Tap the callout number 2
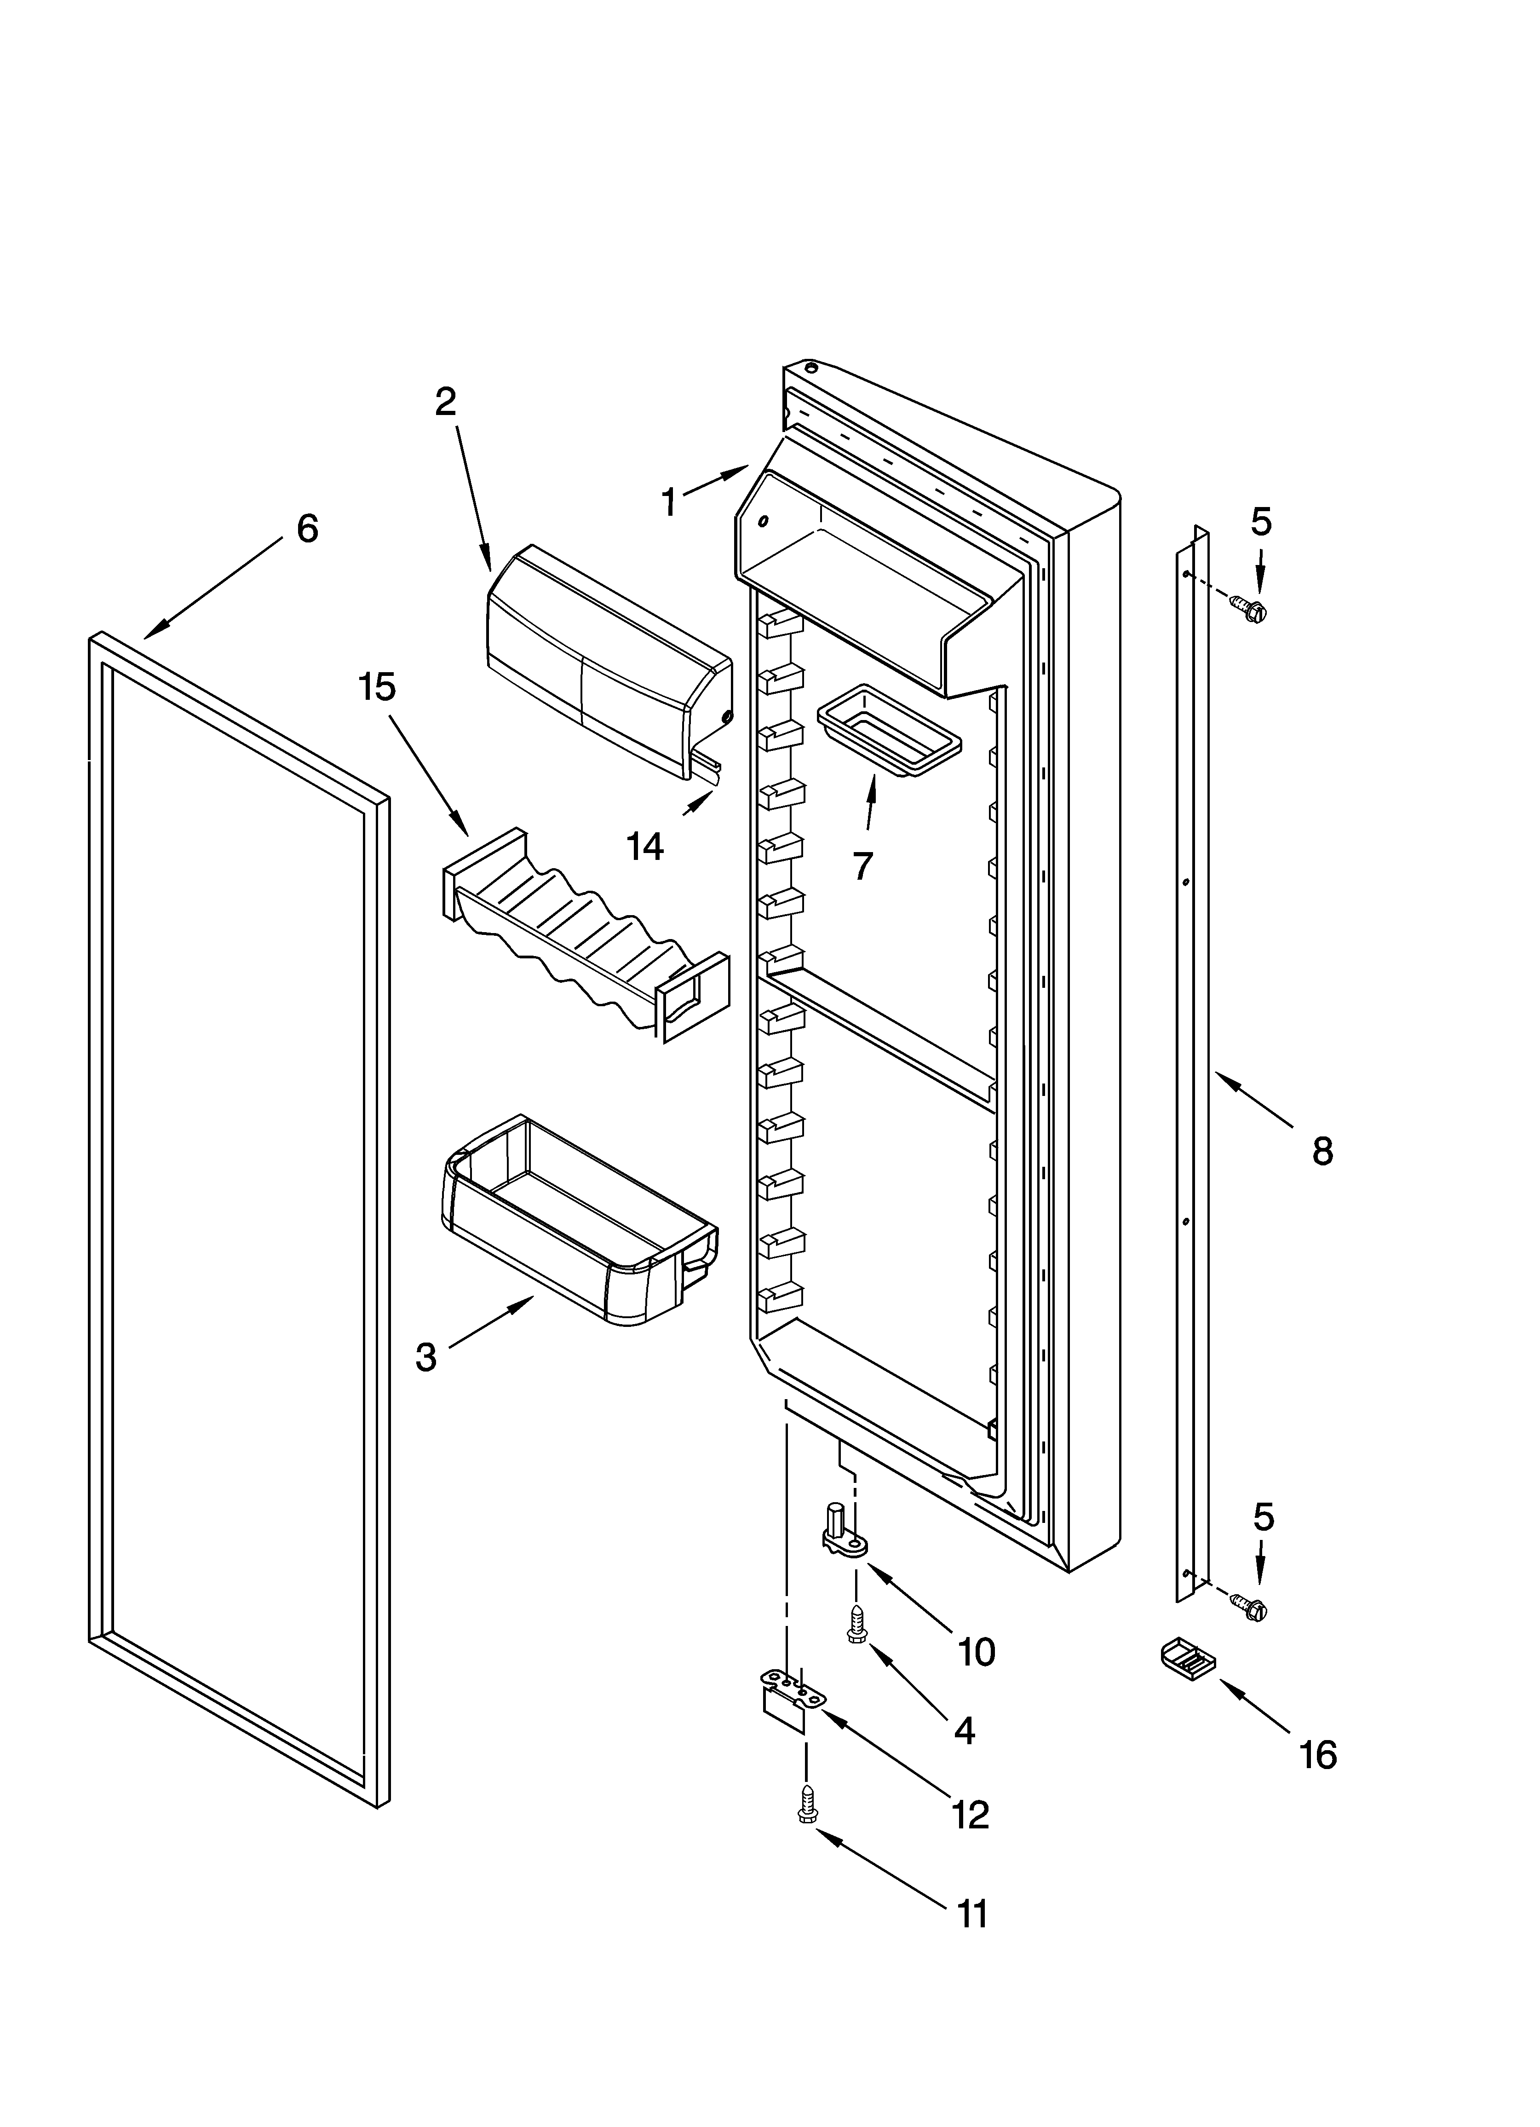[x=446, y=401]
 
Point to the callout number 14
[x=645, y=847]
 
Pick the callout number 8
[x=1322, y=1151]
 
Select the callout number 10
[x=977, y=1653]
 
